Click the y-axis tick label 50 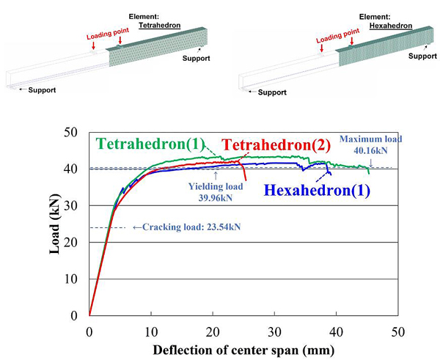coord(71,133)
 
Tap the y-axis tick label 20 coord(71,243)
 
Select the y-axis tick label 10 coord(71,279)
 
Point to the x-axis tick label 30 coord(274,330)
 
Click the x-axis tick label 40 coord(336,330)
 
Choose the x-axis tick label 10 coord(151,330)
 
